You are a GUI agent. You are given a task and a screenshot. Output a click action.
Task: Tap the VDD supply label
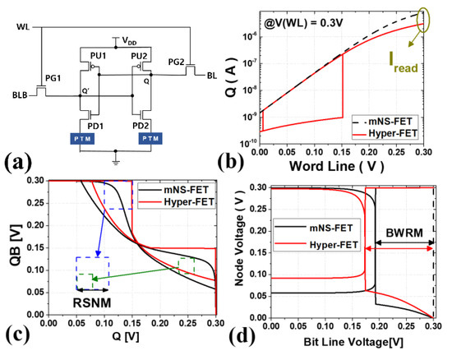[130, 40]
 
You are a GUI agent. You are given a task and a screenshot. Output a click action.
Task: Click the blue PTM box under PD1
[93, 138]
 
